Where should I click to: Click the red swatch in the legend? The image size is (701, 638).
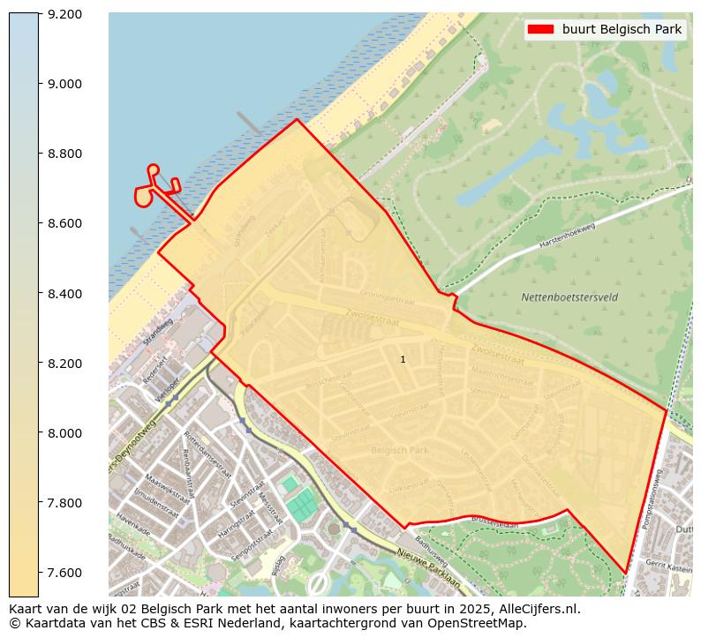tap(540, 29)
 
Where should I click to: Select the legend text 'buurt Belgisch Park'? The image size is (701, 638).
tap(622, 29)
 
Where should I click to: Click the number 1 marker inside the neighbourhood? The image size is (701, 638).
tap(403, 359)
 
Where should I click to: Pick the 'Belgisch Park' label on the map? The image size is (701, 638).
tap(400, 450)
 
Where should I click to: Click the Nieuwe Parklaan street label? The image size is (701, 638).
tap(428, 558)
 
